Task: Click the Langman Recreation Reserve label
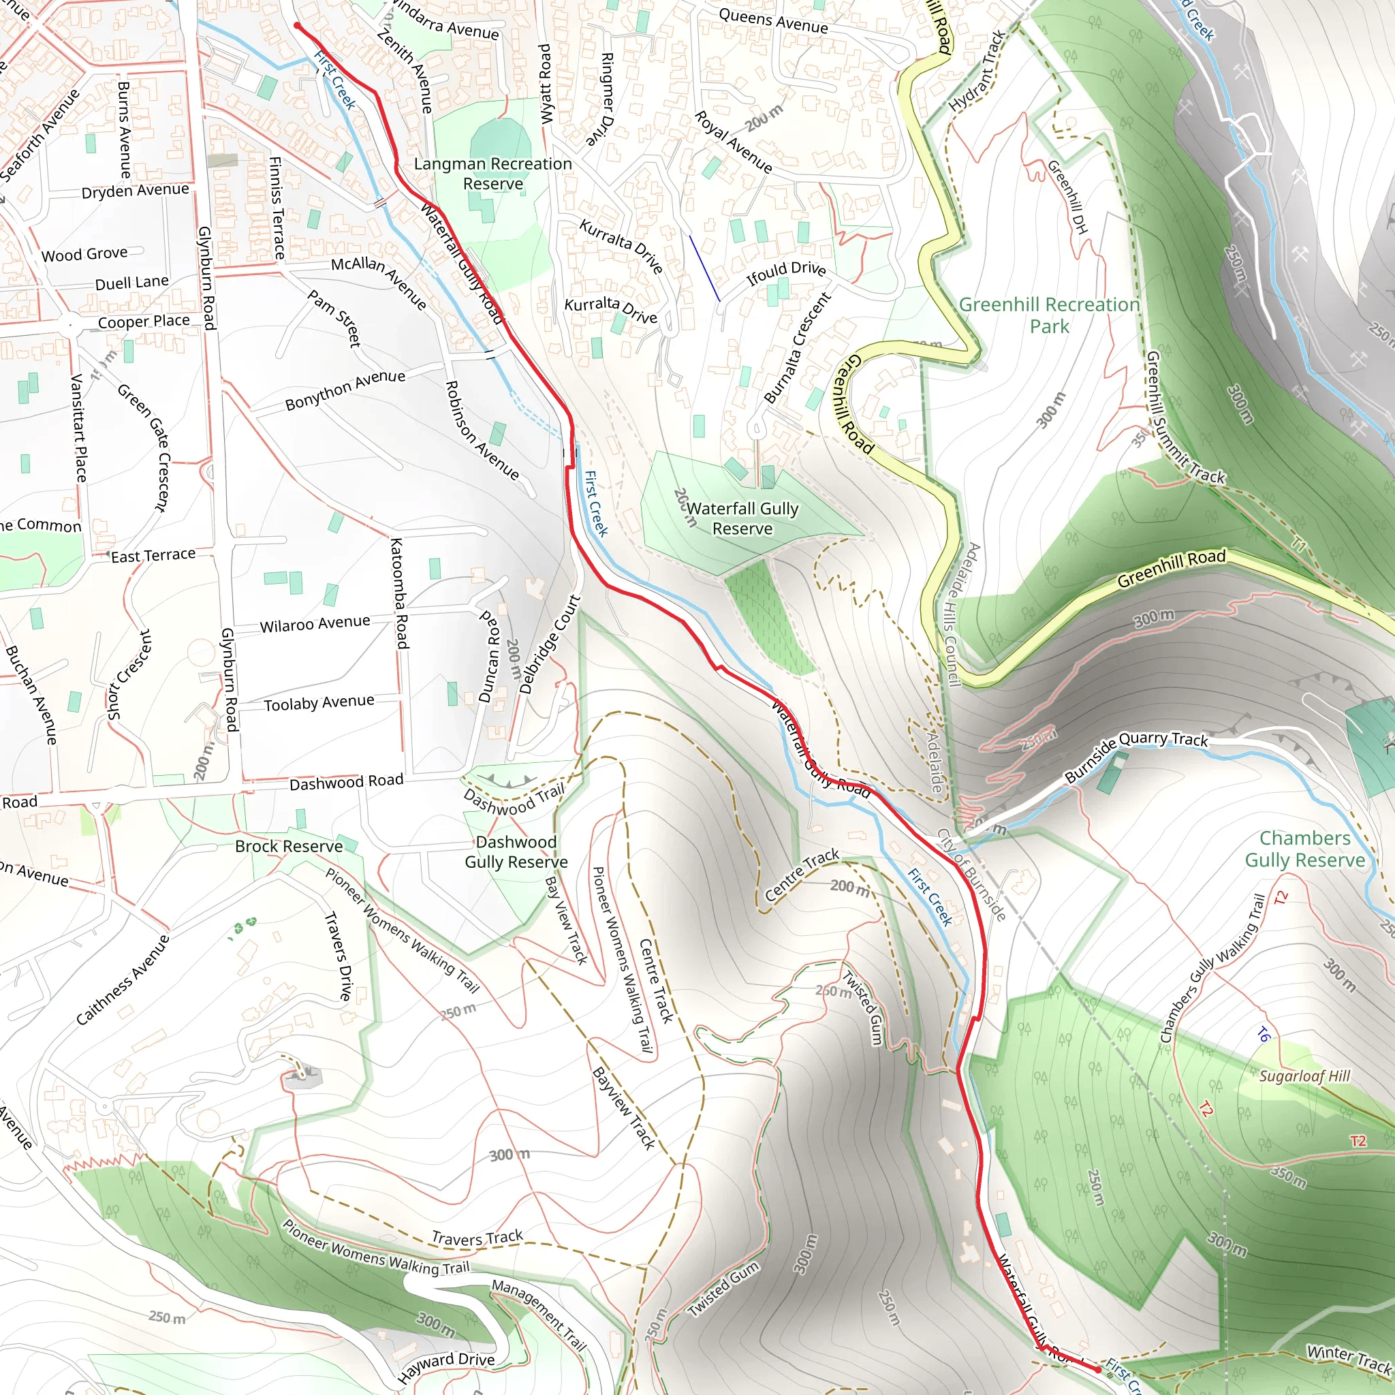[x=492, y=174]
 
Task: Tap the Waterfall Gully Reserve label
[x=742, y=518]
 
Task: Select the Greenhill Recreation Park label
[x=1049, y=315]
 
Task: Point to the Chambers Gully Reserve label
[x=1304, y=849]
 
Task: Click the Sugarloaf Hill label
[x=1304, y=1076]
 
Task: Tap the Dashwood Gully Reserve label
[x=516, y=852]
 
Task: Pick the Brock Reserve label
[x=289, y=846]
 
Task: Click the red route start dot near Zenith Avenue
[x=297, y=26]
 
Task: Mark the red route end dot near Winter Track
[x=1098, y=1369]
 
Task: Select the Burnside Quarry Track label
[x=1135, y=755]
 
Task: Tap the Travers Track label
[x=477, y=1238]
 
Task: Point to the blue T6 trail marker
[x=1263, y=1035]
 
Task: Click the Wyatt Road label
[x=546, y=84]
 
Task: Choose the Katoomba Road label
[x=399, y=593]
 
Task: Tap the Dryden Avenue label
[x=135, y=191]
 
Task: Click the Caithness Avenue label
[x=123, y=979]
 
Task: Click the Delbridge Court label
[x=550, y=644]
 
